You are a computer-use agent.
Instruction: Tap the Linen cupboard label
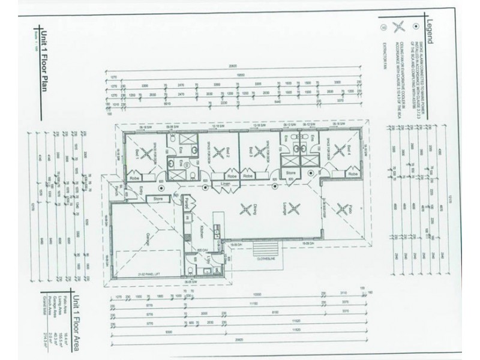point(226,184)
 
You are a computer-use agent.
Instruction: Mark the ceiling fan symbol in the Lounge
point(294,209)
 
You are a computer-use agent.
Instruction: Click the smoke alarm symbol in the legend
point(415,26)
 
